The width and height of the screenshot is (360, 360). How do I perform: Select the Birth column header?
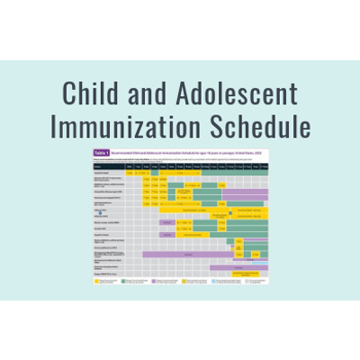[x=131, y=166]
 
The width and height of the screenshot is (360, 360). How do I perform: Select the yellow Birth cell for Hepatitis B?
[x=131, y=173]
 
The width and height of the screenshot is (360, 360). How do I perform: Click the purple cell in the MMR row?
[x=166, y=221]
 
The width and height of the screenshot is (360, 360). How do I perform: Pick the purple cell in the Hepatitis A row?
[x=166, y=235]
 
